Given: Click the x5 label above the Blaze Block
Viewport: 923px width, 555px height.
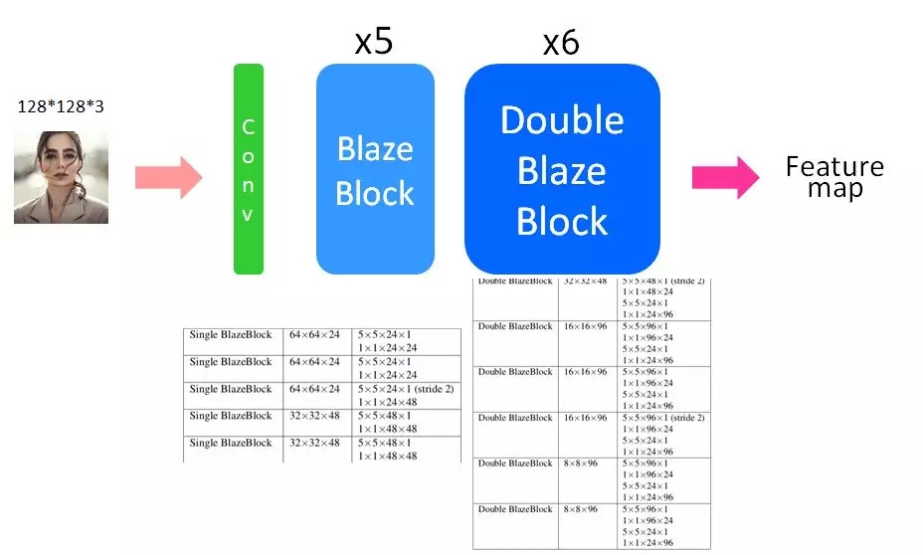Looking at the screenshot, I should [374, 43].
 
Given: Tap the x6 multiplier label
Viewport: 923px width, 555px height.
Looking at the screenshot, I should [561, 43].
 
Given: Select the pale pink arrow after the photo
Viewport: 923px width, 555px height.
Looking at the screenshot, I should [168, 178].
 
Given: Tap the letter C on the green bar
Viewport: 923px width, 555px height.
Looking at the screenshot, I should [248, 126].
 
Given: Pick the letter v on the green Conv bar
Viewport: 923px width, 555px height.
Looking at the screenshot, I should [248, 215].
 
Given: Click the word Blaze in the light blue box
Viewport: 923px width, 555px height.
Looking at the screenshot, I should [375, 149].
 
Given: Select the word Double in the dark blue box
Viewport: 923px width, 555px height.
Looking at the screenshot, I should [562, 120].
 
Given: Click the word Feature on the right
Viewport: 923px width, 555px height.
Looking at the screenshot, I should [834, 166].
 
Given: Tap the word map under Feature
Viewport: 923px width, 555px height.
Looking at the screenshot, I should [834, 188].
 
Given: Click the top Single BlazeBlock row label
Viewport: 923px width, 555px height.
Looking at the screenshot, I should [231, 335].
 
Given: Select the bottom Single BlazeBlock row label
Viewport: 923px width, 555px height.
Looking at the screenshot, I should [231, 443].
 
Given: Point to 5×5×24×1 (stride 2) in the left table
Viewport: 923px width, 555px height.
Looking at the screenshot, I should [405, 389].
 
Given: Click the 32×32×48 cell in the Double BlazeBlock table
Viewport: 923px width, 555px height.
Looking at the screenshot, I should [585, 281].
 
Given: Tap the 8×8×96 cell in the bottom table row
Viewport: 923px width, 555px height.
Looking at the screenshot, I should [581, 509].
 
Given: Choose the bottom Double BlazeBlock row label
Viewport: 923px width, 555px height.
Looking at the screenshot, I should [515, 509].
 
